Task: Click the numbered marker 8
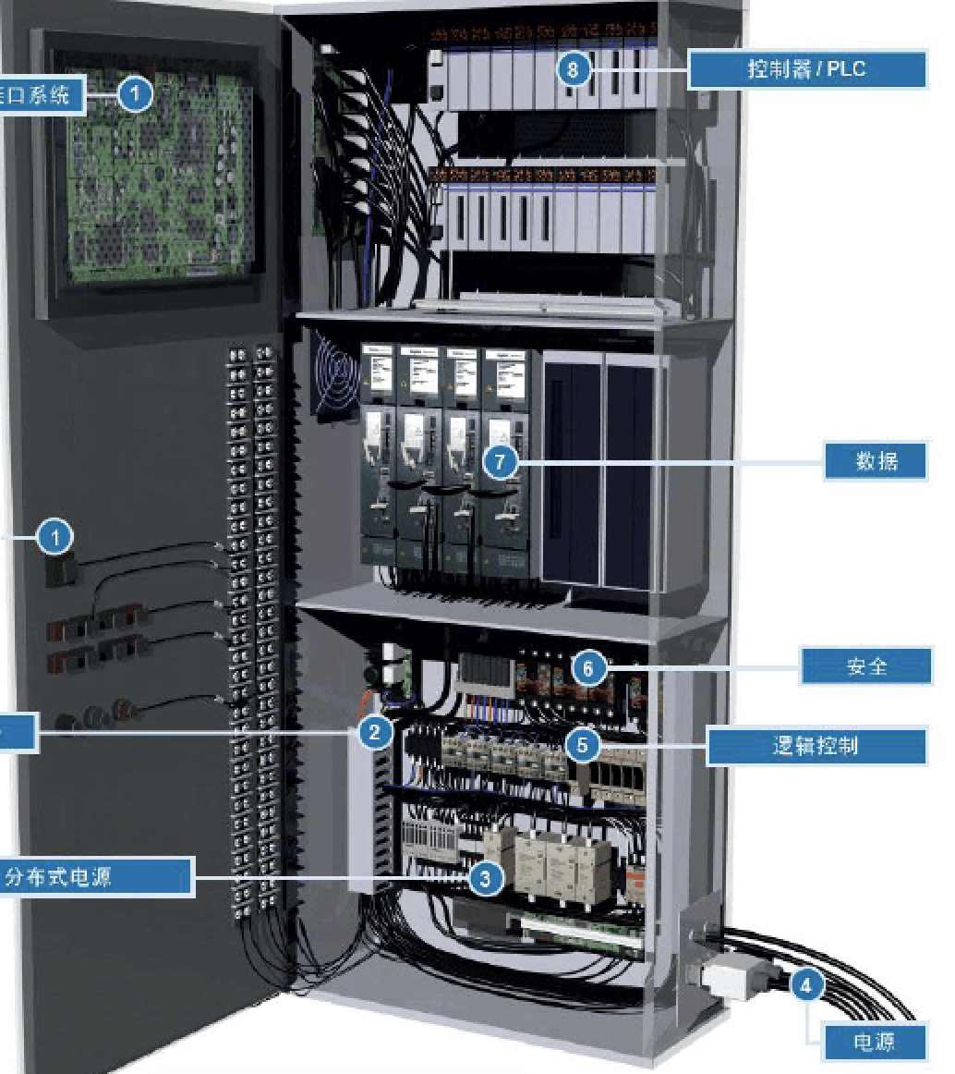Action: tap(574, 70)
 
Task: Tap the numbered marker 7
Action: tap(500, 461)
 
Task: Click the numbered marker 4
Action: tap(806, 985)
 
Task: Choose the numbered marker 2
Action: tap(373, 733)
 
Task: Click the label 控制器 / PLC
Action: tap(806, 69)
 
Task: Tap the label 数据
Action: tap(875, 460)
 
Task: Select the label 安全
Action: tap(865, 665)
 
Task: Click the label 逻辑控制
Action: tap(816, 746)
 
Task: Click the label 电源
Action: tap(873, 1042)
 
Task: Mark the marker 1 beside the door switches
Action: tap(57, 536)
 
